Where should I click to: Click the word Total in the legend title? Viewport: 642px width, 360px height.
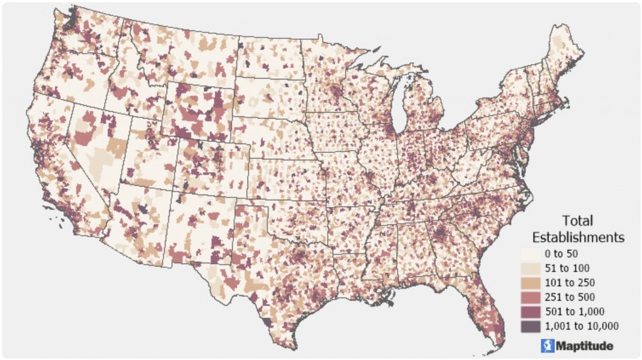pos(577,221)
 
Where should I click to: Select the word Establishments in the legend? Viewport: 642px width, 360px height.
pos(577,237)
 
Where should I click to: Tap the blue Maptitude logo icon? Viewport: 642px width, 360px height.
pos(546,345)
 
